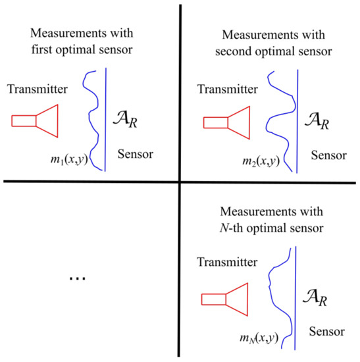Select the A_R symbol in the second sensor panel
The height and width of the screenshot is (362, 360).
pos(318,120)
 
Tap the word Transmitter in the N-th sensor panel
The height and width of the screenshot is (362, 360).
pos(226,263)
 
